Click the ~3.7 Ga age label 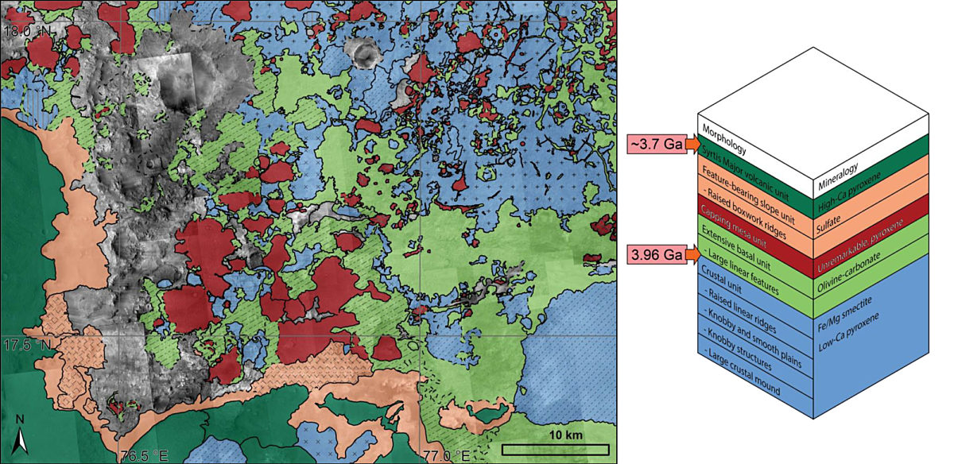tap(656, 146)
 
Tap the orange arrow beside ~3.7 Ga tap(691, 146)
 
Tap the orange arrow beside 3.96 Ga tap(691, 254)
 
